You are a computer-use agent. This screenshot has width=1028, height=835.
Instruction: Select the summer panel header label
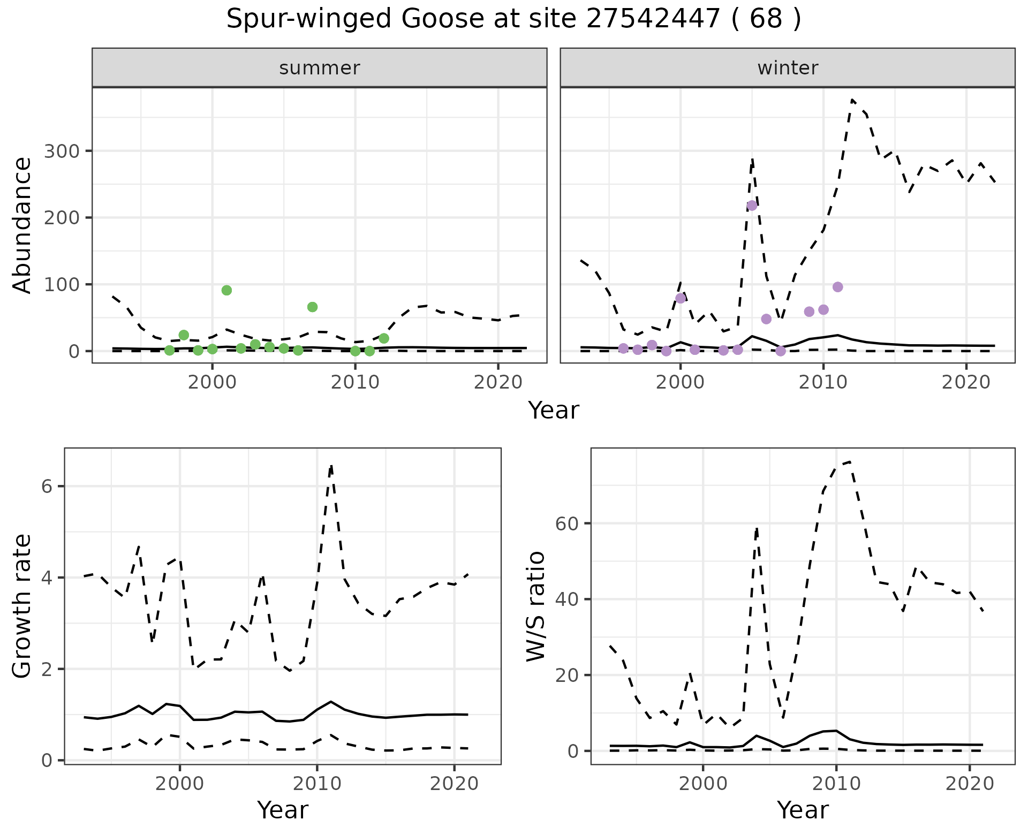point(320,68)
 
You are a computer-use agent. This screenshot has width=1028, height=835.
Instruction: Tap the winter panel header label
point(788,68)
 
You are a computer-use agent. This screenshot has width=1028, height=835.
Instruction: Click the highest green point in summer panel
point(226,290)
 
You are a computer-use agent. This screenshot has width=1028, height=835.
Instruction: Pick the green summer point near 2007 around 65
point(312,307)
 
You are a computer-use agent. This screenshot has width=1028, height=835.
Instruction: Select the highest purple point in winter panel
point(752,206)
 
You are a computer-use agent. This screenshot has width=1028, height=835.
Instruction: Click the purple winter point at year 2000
point(681,298)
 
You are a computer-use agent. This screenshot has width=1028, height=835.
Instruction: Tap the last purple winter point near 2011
point(838,287)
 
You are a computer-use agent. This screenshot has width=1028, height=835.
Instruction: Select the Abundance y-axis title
point(22,225)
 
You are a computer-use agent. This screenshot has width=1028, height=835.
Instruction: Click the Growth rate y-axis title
point(22,606)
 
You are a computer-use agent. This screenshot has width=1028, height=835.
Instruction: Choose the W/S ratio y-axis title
point(535,606)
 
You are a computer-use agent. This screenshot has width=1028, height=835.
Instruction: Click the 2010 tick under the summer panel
point(355,382)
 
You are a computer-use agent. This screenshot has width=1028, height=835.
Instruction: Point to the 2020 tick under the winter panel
point(966,382)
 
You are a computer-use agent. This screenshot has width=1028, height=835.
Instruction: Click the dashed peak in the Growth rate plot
point(331,466)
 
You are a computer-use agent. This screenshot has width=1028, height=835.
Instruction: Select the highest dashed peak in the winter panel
point(852,100)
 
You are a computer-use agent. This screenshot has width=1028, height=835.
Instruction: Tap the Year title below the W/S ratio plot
point(803,810)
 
